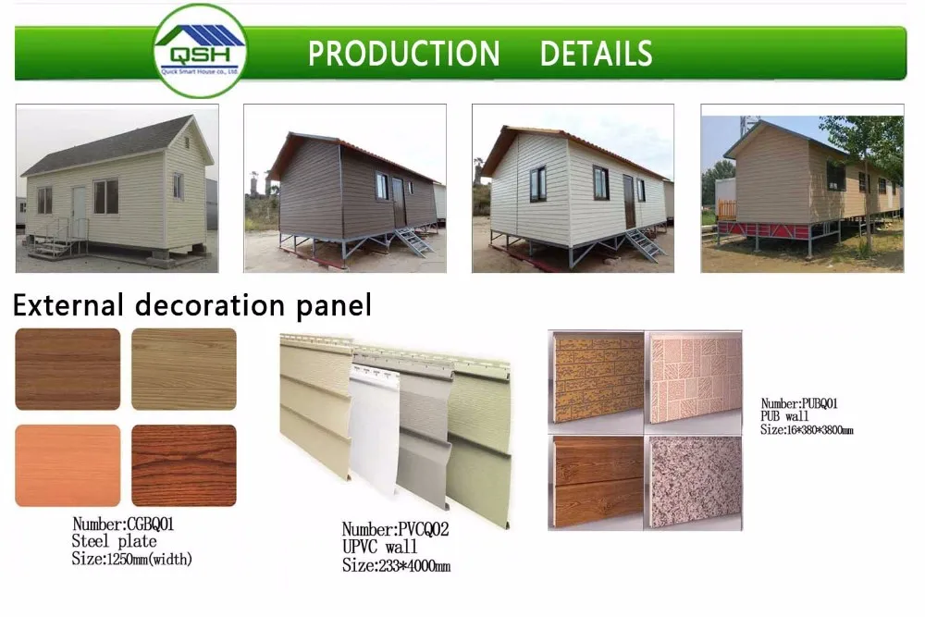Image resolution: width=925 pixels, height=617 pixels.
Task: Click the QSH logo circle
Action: coord(201,50)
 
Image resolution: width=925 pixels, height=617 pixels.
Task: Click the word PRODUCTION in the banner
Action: coord(403,54)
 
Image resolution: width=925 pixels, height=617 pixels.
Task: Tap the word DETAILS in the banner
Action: coord(596,54)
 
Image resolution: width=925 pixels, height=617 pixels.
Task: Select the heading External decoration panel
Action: coord(192,304)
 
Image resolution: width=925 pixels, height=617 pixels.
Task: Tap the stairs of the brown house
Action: coord(413,241)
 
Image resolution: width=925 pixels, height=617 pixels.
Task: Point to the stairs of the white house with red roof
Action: coord(644,244)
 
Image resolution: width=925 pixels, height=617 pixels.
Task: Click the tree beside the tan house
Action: coord(869,157)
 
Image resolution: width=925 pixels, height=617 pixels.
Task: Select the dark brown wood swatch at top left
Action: coord(68,369)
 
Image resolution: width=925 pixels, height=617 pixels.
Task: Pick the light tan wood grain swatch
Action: coord(183,369)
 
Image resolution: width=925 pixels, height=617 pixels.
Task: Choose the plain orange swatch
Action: coord(68,465)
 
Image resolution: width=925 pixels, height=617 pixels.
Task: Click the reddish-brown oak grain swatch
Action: coord(183,465)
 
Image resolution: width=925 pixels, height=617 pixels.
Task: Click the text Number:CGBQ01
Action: coord(123,524)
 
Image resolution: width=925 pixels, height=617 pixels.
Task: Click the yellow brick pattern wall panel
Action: coord(596,378)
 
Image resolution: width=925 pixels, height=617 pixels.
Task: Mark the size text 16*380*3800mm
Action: coord(807,430)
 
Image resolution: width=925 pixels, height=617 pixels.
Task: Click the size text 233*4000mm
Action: coord(396,566)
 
